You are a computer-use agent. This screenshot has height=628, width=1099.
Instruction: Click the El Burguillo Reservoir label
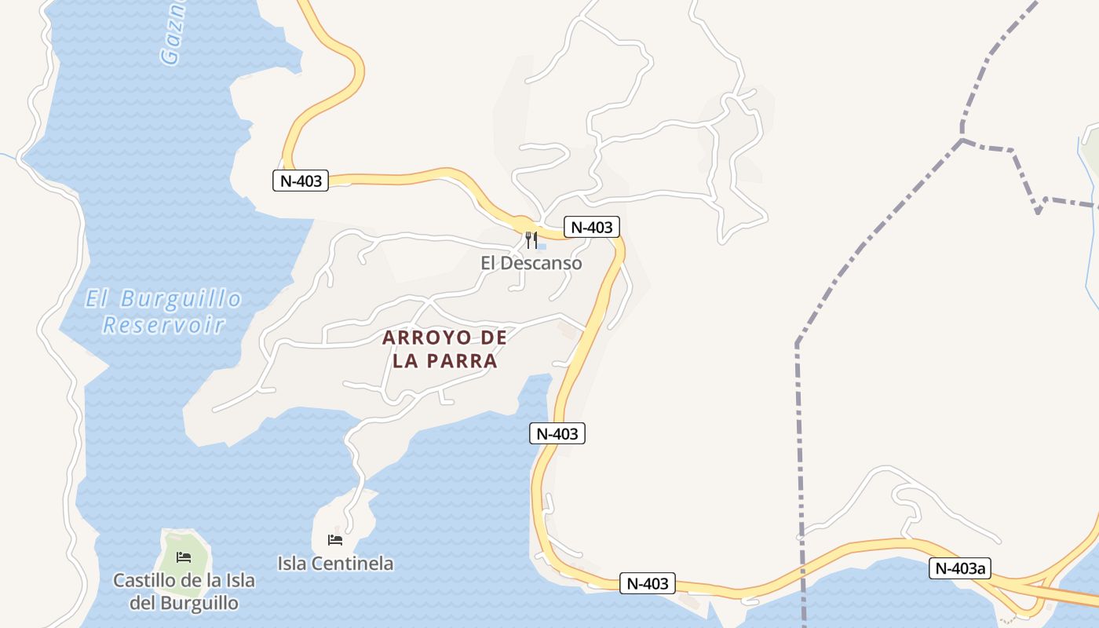[x=163, y=312]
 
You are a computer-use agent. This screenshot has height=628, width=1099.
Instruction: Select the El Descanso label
[x=531, y=263]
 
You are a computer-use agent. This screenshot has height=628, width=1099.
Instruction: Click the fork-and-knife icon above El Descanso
[x=531, y=240]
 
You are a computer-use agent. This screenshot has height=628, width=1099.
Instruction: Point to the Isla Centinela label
[x=335, y=563]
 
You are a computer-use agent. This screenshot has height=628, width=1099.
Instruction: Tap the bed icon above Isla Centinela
[x=335, y=540]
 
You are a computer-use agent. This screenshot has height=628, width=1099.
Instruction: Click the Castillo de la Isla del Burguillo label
[x=184, y=592]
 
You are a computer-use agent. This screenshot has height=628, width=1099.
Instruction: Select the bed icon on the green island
[x=184, y=557]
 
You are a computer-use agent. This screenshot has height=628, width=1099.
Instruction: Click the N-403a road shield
[x=959, y=568]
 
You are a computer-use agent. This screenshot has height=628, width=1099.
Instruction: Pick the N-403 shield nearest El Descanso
[x=591, y=228]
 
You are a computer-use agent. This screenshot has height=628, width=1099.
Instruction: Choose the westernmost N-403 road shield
[x=301, y=181]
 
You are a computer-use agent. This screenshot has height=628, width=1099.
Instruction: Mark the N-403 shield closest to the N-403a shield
[x=648, y=583]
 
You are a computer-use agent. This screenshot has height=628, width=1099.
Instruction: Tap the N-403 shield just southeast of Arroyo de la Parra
[x=557, y=433]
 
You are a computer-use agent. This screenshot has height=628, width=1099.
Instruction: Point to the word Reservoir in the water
[x=163, y=324]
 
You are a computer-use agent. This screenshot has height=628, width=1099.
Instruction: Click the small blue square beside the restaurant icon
[x=542, y=246]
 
